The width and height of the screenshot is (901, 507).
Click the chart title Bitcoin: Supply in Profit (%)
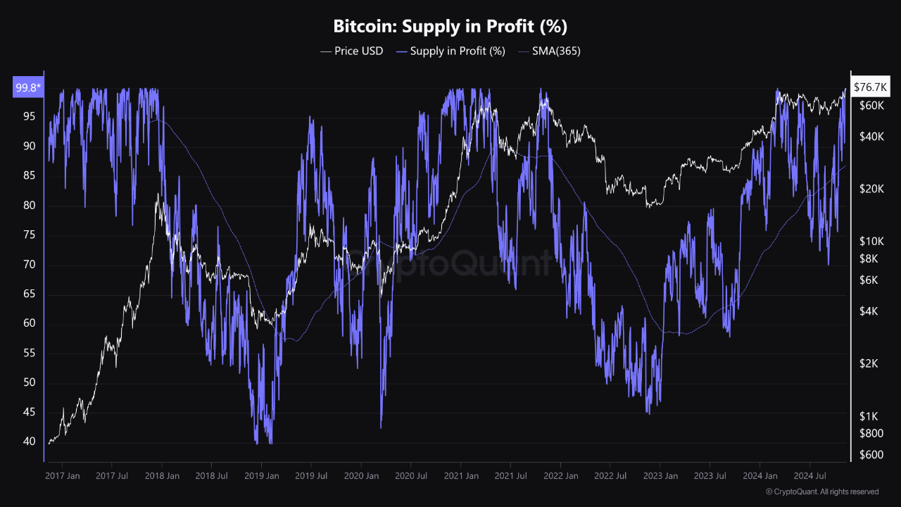pyautogui.click(x=450, y=27)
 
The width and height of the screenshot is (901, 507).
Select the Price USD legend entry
pyautogui.click(x=352, y=51)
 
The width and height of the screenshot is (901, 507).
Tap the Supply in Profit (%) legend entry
pyautogui.click(x=450, y=51)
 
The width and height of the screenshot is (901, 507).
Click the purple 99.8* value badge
pyautogui.click(x=28, y=88)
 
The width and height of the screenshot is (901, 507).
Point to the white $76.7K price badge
pyautogui.click(x=870, y=87)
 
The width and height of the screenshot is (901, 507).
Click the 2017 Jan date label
pyautogui.click(x=62, y=476)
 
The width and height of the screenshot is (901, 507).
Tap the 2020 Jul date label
pyautogui.click(x=411, y=476)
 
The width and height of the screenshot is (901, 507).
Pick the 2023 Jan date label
pyautogui.click(x=660, y=476)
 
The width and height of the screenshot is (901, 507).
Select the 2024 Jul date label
pyautogui.click(x=809, y=476)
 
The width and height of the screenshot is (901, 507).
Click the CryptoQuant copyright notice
pyautogui.click(x=821, y=492)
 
